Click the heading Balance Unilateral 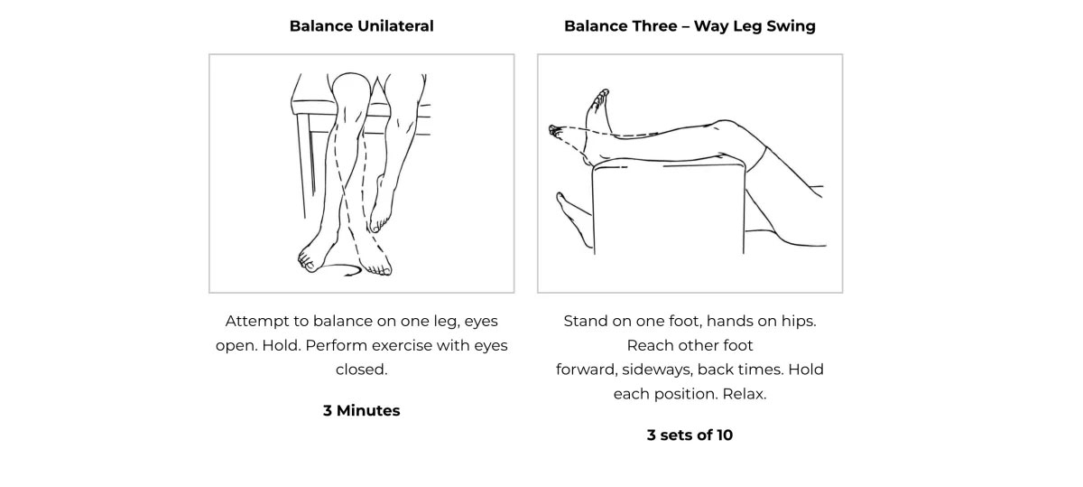click(x=361, y=25)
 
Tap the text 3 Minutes click(x=361, y=410)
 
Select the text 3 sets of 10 click(x=690, y=435)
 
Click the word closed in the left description click(x=361, y=370)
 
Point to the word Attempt click(x=257, y=322)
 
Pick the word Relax click(x=744, y=394)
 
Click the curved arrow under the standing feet click(x=341, y=269)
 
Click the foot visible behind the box click(x=574, y=219)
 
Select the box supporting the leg click(x=669, y=208)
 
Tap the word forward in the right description click(x=586, y=370)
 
